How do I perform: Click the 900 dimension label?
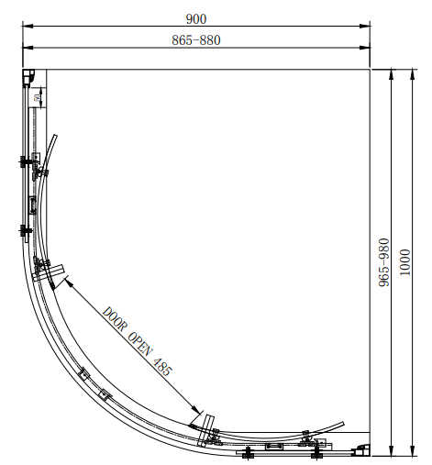[x=196, y=19]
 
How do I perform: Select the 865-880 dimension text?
[x=196, y=40]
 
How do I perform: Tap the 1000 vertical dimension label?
[x=405, y=262]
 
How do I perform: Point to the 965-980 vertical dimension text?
[x=384, y=262]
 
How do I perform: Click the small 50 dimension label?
[x=38, y=98]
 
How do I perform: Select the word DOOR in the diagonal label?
[x=114, y=319]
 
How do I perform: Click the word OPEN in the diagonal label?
[x=139, y=345]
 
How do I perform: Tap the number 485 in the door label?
[x=162, y=367]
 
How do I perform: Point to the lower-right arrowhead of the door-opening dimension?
[x=195, y=409]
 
